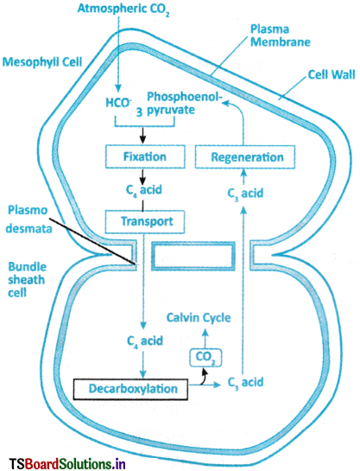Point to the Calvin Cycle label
(x=199, y=318)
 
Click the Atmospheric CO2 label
(x=123, y=10)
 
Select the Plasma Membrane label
(x=281, y=35)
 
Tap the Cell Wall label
(x=332, y=74)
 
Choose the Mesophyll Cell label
(x=42, y=62)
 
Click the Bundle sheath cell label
(x=27, y=280)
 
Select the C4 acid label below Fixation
(x=144, y=190)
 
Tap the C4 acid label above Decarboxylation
(x=145, y=341)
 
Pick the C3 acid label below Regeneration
(x=245, y=193)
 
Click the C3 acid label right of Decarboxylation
(x=246, y=383)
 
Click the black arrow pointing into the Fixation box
(x=142, y=136)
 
